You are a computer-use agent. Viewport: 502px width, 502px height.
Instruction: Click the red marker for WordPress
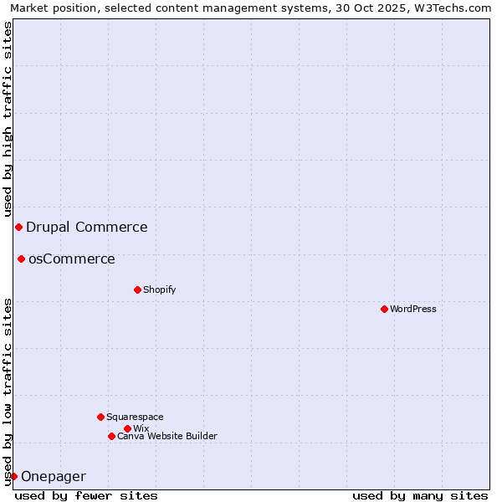(384, 309)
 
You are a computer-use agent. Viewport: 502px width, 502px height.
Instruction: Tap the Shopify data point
(137, 289)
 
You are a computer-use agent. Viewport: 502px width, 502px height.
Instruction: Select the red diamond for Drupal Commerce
(18, 227)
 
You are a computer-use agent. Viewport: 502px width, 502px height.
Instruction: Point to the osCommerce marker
(21, 259)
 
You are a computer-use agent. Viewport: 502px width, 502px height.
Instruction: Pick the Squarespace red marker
(100, 417)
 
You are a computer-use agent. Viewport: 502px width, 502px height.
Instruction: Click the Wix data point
(127, 428)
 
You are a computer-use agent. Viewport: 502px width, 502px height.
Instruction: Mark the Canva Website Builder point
(111, 436)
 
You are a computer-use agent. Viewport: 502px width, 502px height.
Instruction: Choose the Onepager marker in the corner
(13, 476)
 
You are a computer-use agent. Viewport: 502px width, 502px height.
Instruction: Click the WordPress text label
(413, 309)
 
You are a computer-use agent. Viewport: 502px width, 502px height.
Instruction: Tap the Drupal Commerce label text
(87, 227)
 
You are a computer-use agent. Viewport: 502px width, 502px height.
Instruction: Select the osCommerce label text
(72, 259)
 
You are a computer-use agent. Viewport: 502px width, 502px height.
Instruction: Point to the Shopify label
(160, 289)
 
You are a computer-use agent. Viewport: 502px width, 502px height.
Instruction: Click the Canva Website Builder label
(167, 436)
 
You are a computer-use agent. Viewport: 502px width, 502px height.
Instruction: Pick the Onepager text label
(54, 476)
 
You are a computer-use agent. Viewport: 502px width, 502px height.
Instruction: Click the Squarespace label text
(136, 417)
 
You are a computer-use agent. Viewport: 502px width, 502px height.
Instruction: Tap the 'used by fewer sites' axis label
(86, 495)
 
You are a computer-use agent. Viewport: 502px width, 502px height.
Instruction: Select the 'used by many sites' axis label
(420, 495)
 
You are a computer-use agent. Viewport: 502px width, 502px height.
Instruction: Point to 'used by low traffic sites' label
(8, 392)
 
